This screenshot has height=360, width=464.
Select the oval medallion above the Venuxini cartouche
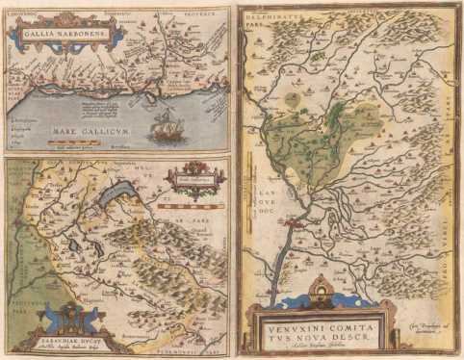pos(321,287)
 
